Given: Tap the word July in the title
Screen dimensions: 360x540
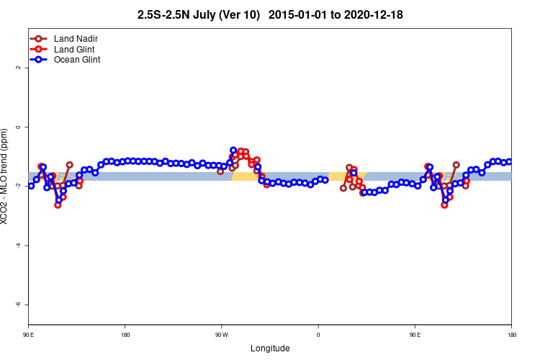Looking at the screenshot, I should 207,14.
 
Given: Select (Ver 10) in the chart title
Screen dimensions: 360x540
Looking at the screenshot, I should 242,14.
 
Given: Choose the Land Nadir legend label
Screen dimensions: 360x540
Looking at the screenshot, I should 76,38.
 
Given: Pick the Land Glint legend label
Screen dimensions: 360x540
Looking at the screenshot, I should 74,49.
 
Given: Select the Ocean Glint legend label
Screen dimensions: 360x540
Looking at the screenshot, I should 77,60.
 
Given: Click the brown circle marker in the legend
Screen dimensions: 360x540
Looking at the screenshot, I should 39,38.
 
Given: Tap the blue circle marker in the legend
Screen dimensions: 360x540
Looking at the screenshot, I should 39,60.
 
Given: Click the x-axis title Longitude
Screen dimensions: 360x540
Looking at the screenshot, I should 270,348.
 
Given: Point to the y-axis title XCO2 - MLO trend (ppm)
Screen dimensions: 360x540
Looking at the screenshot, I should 6,176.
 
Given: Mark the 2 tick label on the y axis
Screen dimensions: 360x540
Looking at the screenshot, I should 17,68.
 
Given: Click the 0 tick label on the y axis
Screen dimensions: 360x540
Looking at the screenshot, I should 17,127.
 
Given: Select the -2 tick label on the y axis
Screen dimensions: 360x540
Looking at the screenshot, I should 17,186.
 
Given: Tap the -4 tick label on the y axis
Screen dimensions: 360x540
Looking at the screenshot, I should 17,246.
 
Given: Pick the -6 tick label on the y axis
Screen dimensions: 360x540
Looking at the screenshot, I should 17,305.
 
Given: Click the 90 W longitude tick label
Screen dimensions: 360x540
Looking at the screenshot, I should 221,335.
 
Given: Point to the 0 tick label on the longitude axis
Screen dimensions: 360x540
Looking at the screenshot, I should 318,335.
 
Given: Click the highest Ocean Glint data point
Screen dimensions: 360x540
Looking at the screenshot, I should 233,150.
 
